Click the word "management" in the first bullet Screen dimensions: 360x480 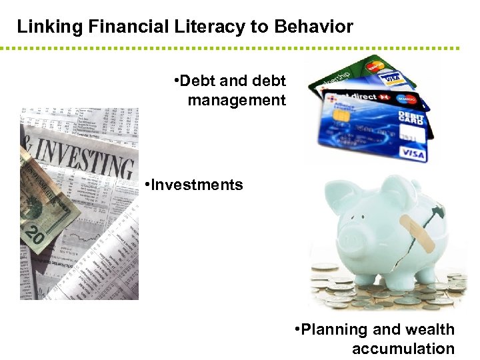click(x=236, y=100)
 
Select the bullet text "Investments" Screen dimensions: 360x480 click(x=197, y=185)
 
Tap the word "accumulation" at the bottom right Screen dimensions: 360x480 click(x=403, y=348)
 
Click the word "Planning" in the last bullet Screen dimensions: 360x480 click(x=334, y=329)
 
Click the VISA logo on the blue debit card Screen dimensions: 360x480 click(x=413, y=153)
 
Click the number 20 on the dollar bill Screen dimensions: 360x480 click(x=35, y=234)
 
